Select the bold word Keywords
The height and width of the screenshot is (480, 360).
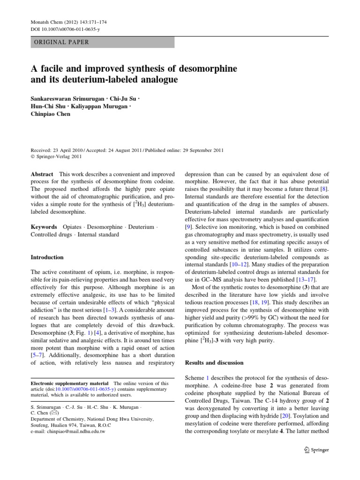pos(45,226)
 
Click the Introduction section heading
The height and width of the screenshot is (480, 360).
pos(47,257)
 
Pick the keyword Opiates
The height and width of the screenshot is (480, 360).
pos(74,226)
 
